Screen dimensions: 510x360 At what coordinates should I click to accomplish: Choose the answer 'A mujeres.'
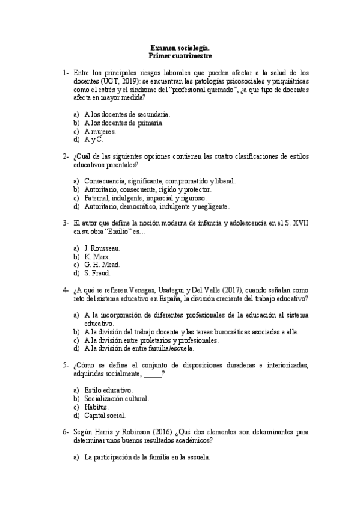coord(100,131)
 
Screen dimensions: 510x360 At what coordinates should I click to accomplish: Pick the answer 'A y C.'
coord(94,139)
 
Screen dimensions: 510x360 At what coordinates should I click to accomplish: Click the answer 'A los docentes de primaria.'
coord(124,122)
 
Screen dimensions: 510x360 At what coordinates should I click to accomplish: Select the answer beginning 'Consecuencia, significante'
coord(160,180)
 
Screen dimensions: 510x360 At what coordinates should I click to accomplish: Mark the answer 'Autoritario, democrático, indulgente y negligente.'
coord(157,206)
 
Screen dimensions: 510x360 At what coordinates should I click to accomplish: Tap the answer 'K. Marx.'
coord(98,256)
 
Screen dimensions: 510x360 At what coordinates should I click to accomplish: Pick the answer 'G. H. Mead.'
coord(103,265)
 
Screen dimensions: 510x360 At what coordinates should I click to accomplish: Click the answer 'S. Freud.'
coord(98,273)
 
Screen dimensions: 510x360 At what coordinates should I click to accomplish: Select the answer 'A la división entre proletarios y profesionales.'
coord(151,340)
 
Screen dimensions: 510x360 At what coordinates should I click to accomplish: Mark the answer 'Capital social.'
coord(105,415)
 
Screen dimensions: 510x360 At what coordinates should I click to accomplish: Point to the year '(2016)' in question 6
coord(158,432)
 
